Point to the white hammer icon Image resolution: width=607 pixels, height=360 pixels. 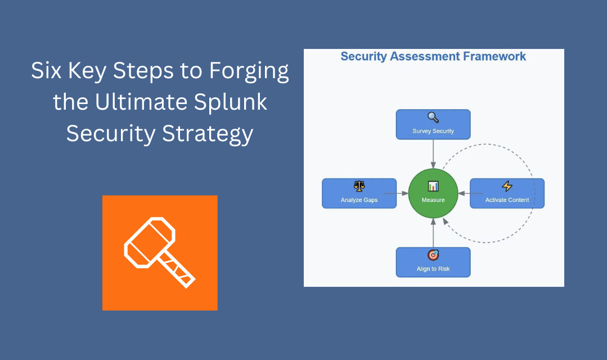click(160, 253)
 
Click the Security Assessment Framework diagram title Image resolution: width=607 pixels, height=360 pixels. click(433, 56)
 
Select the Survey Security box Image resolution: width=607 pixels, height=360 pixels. click(433, 124)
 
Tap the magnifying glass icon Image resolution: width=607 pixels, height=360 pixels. click(433, 118)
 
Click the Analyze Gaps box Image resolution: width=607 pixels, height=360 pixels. click(359, 193)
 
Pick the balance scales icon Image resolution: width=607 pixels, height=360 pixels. click(359, 186)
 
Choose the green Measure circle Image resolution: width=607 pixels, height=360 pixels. click(433, 193)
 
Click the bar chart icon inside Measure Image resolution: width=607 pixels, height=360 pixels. click(433, 186)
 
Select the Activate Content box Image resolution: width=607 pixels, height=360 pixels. click(507, 193)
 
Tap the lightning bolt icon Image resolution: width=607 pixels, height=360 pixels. click(507, 186)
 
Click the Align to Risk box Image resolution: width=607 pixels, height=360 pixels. click(433, 262)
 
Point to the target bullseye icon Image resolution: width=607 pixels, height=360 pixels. click(433, 255)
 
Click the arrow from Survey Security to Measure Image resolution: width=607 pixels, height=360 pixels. click(433, 153)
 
